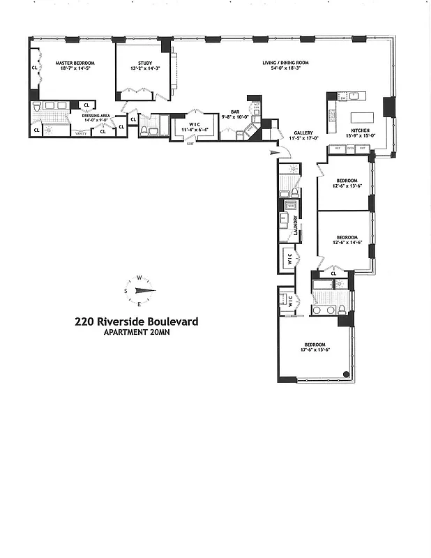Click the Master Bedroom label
coord(75,63)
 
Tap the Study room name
coord(145,63)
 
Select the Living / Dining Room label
coord(285,63)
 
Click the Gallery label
coord(303,133)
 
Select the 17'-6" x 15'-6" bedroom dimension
coord(315,350)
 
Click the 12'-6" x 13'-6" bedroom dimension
coord(345,185)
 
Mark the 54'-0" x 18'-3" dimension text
coord(285,68)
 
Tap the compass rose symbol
coord(139,290)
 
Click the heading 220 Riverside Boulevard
coord(137,322)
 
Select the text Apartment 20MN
coord(137,332)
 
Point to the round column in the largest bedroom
coord(346,375)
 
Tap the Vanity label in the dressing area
coord(82,133)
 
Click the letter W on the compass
coord(139,277)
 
